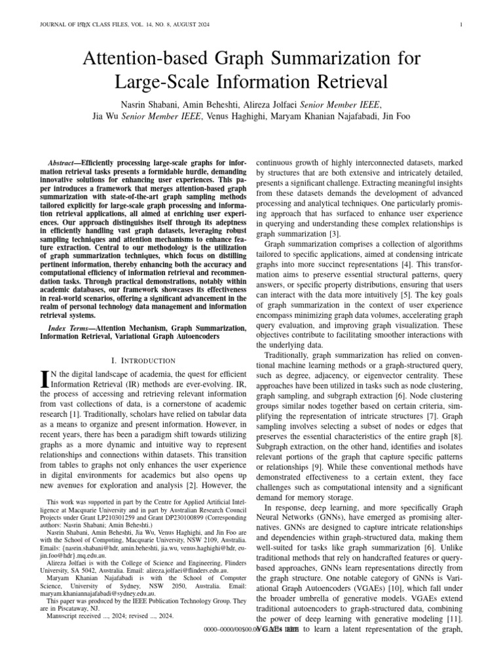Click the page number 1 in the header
click(462, 26)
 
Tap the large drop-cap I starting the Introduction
click(45, 379)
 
